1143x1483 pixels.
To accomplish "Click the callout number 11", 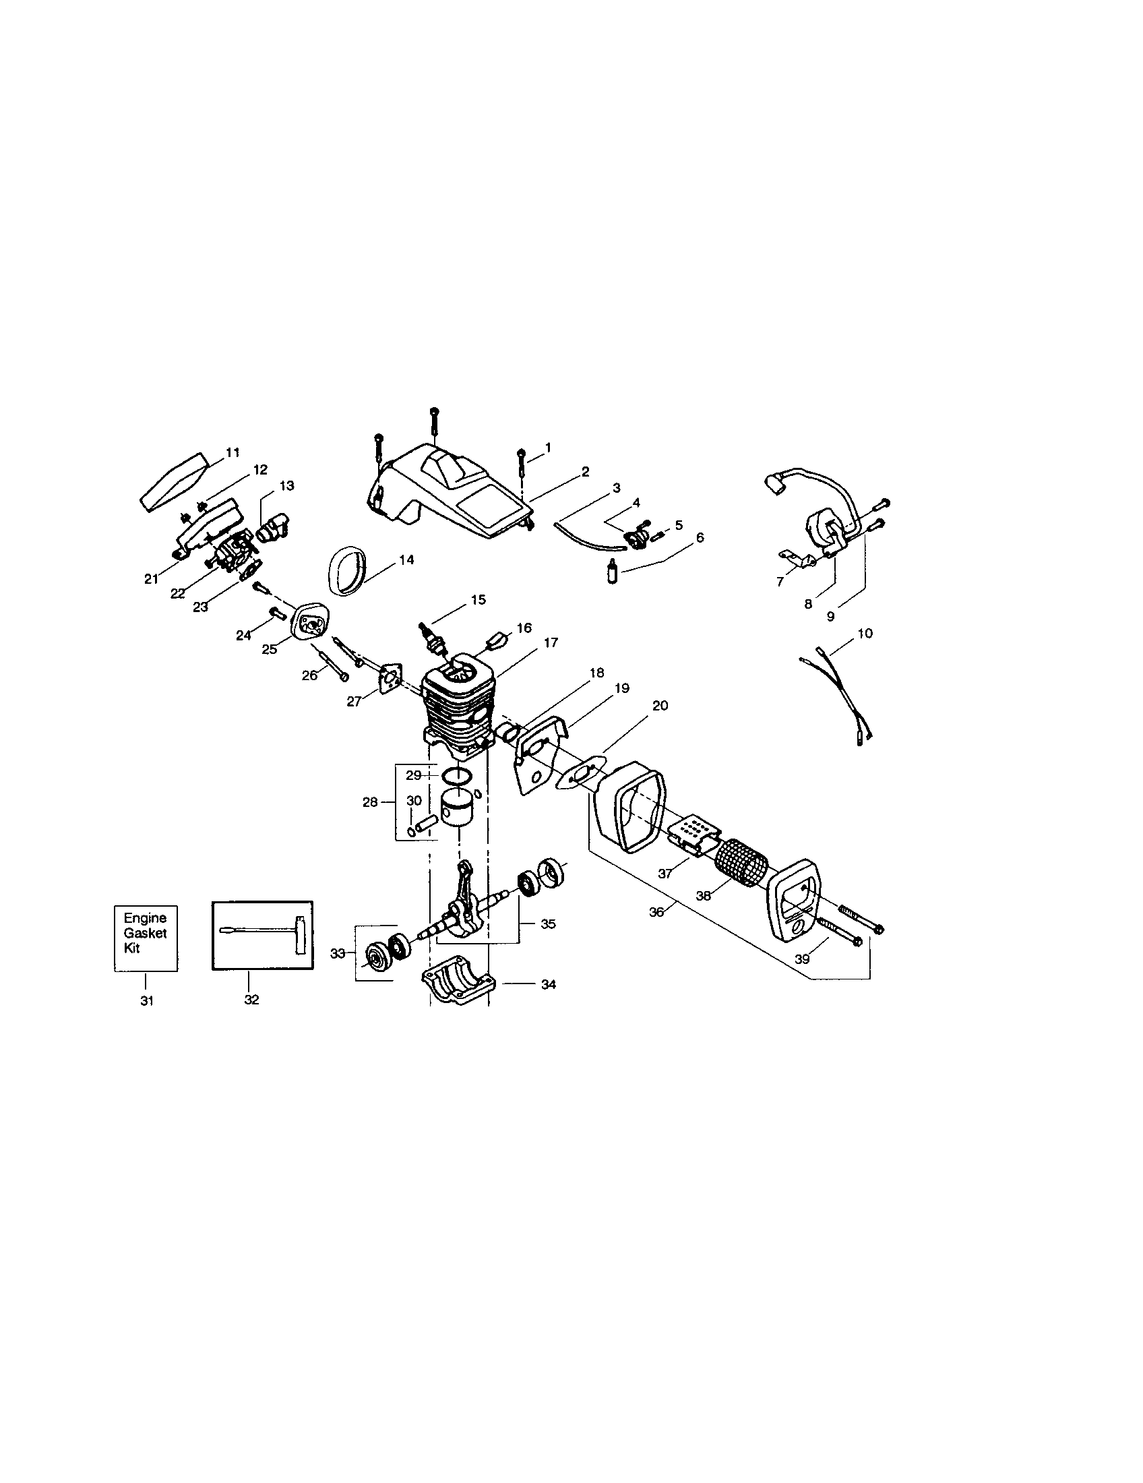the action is pos(233,452).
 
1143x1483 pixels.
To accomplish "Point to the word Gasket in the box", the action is pos(146,933).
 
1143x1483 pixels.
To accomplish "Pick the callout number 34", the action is pos(549,984).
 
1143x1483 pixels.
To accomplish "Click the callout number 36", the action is pos(656,912).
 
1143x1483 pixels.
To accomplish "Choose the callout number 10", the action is pos(865,633).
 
